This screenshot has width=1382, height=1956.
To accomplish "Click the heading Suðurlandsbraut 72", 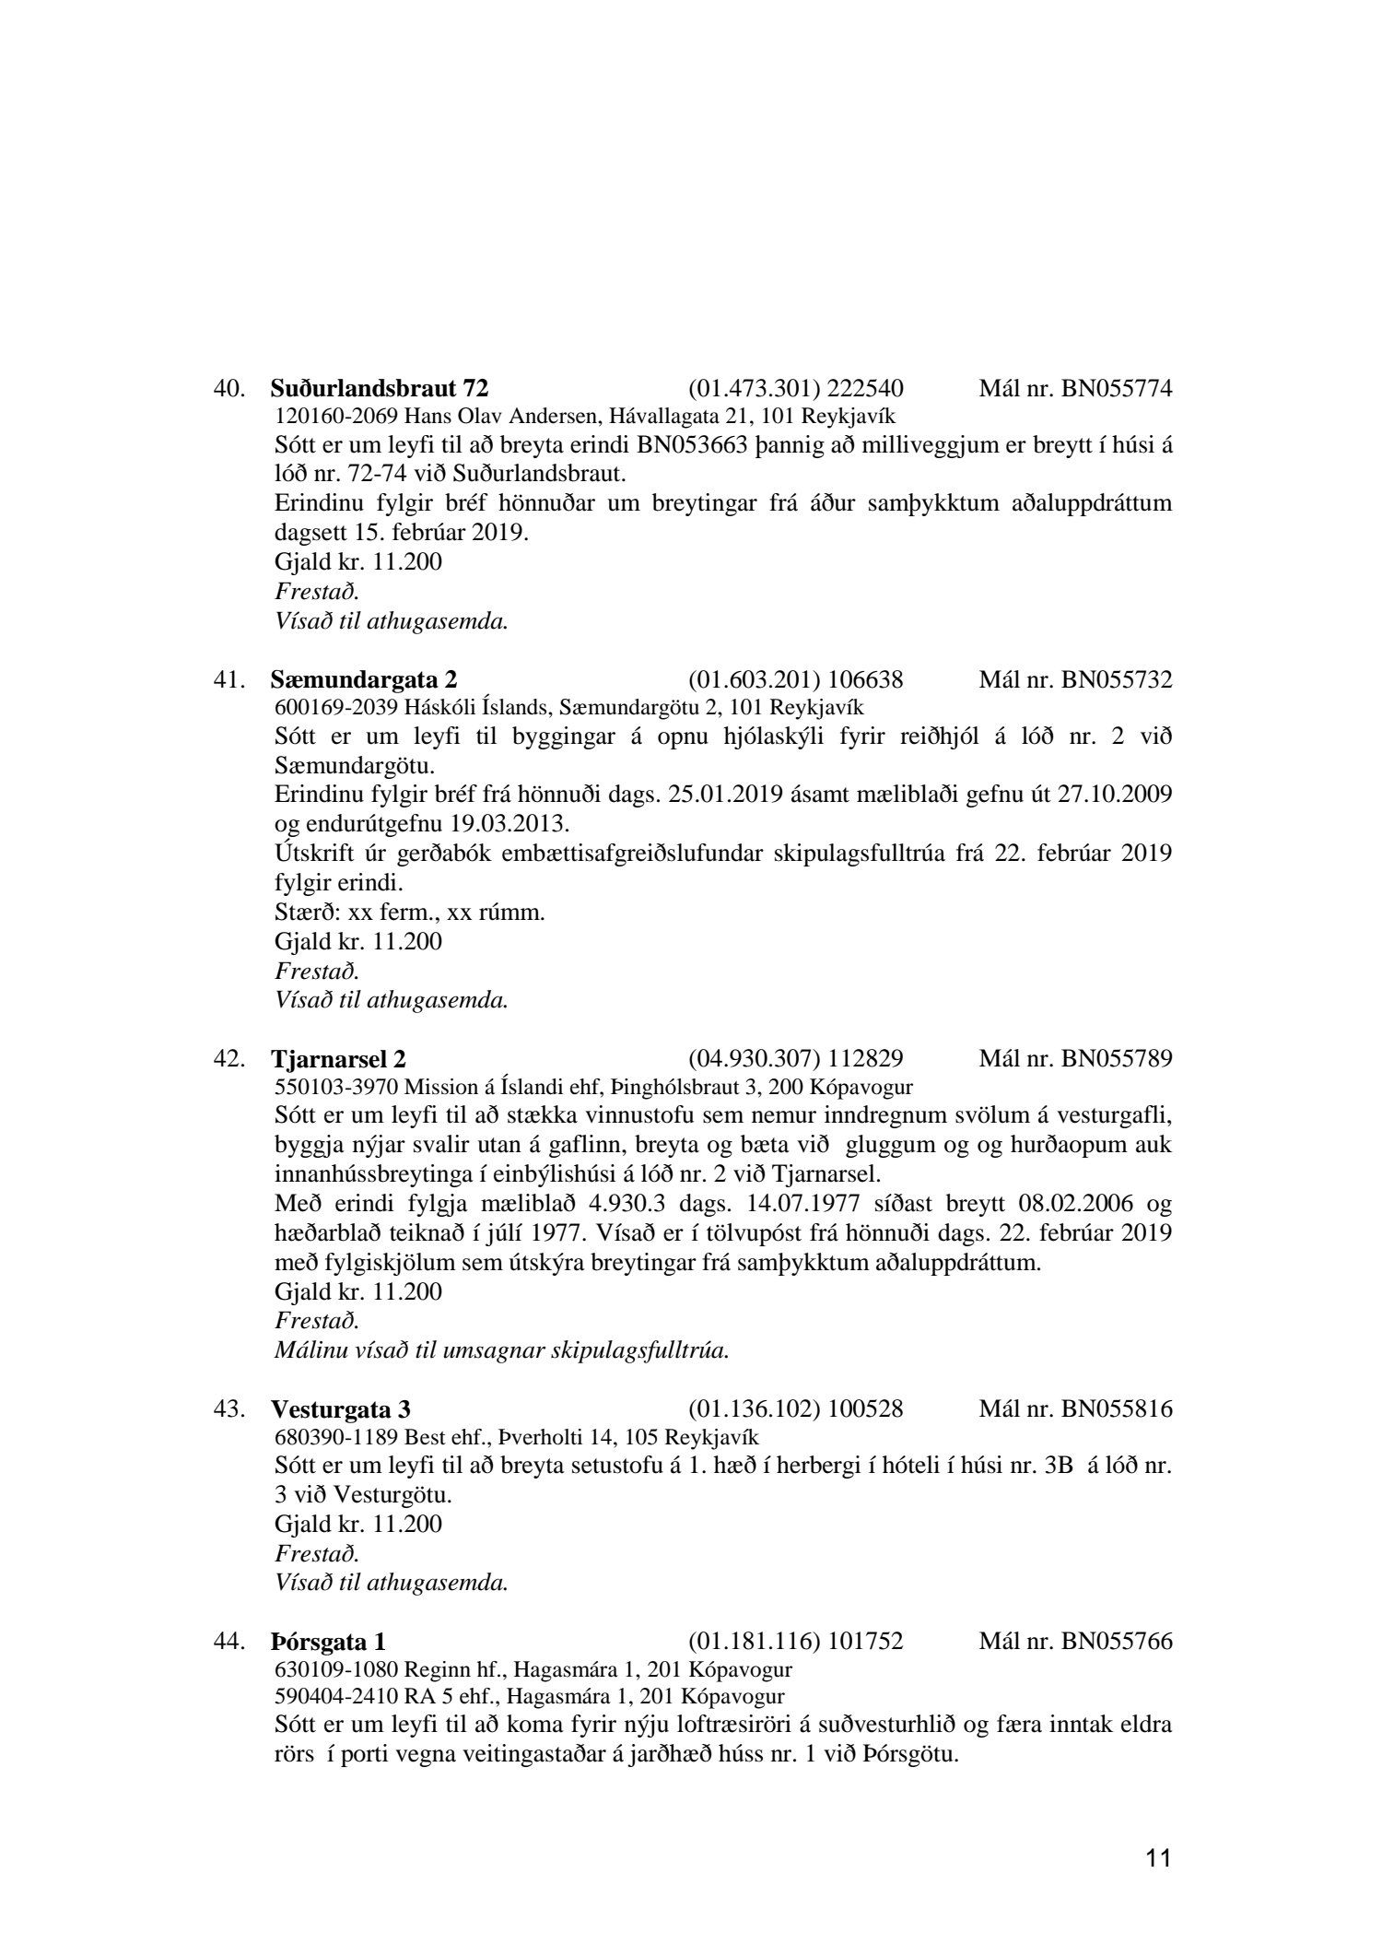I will (379, 388).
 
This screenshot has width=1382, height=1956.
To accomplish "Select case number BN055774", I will (1117, 388).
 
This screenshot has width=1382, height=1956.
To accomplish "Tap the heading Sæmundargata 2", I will (364, 680).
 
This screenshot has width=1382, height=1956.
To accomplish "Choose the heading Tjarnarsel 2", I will (338, 1058).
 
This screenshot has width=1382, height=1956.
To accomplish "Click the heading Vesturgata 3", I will (341, 1409).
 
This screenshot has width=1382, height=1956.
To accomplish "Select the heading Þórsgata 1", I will (328, 1642).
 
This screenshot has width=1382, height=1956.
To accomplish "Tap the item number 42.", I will (228, 1058).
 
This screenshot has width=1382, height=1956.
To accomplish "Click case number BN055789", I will (1117, 1058).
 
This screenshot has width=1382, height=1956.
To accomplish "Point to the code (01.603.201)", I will (754, 680).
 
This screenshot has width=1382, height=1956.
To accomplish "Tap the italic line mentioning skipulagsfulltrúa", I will (502, 1350).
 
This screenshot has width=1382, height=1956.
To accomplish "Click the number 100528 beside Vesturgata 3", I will (865, 1409).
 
